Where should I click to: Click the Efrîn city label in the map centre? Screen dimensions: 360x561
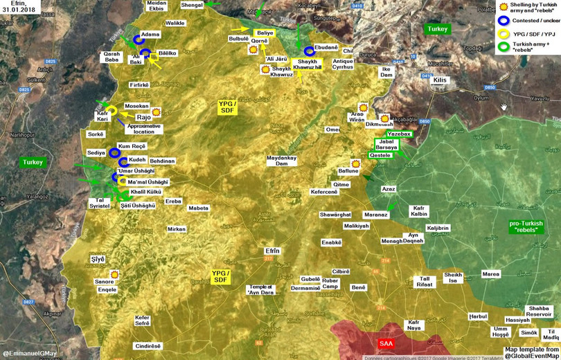point(273,251)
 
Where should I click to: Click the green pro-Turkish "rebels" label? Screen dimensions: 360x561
point(526,226)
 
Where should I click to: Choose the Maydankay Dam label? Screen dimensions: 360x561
point(282,161)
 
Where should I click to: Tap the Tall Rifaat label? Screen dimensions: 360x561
point(425,280)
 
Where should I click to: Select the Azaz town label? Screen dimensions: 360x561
point(388,189)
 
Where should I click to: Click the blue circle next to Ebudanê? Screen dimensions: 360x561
point(310,51)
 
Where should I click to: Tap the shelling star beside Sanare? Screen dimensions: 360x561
point(115,274)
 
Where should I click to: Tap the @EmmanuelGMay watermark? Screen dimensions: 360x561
point(29,354)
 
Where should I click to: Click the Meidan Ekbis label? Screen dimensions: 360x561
point(157,6)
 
